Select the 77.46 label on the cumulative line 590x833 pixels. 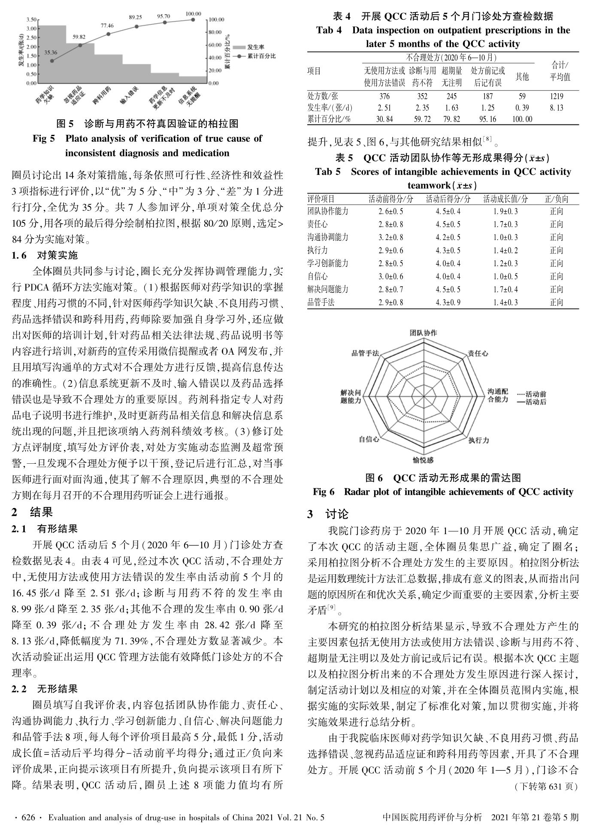[107, 26]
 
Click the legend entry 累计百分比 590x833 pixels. [261, 56]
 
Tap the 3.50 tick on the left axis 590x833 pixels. [31, 20]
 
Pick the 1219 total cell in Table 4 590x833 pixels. [557, 96]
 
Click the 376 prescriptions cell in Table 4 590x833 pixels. [384, 96]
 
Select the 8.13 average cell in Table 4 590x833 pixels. [557, 108]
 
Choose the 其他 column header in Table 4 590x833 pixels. [522, 76]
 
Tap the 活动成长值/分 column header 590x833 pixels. [505, 199]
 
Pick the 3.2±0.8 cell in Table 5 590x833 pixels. [390, 237]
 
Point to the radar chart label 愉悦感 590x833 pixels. [423, 460]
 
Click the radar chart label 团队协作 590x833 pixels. [423, 333]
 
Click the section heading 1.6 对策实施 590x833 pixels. [45, 255]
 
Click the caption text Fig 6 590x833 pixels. [324, 492]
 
